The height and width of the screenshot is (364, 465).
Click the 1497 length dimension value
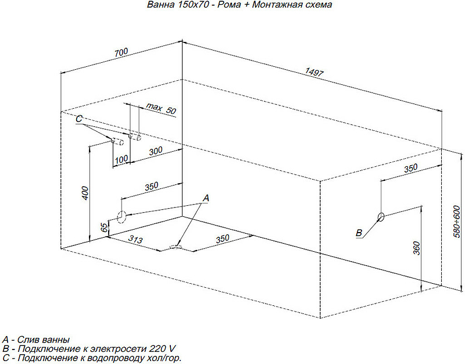[314, 73]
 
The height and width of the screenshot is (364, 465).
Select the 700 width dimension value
[121, 53]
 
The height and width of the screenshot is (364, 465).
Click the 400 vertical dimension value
[84, 194]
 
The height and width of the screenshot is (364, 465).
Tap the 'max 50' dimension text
[160, 109]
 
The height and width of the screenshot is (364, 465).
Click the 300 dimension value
[155, 151]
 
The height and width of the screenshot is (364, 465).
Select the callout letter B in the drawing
[359, 233]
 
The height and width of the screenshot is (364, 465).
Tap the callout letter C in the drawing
[79, 119]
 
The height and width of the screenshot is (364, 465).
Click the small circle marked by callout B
[381, 217]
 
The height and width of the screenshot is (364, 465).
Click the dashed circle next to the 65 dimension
[121, 217]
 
